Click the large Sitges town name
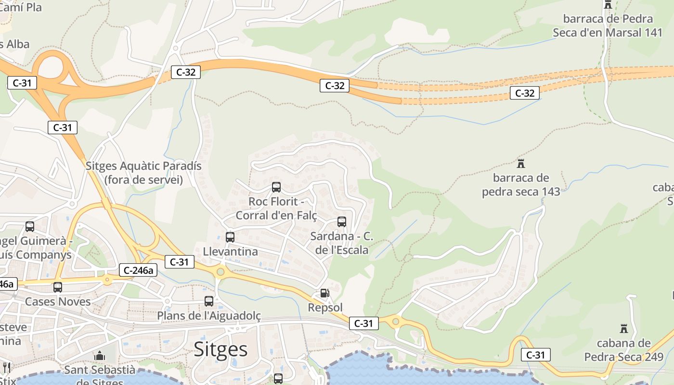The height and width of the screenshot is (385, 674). [x=220, y=349]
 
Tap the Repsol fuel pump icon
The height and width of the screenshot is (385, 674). [x=325, y=293]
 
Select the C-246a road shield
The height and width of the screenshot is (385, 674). [x=138, y=270]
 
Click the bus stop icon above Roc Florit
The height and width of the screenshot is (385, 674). [x=276, y=187]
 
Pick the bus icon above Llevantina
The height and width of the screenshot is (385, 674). [x=230, y=237]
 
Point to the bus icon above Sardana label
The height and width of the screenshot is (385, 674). [x=342, y=221]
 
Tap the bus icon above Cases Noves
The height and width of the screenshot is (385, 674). [x=58, y=287]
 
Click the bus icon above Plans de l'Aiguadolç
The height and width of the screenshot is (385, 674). [x=209, y=301]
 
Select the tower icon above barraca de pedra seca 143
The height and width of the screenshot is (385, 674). [x=520, y=164]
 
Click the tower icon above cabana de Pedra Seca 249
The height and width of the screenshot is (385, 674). [x=624, y=329]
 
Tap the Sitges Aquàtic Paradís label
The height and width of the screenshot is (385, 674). [x=143, y=173]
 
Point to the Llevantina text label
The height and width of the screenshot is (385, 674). [x=230, y=252]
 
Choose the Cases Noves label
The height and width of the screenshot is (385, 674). [x=58, y=302]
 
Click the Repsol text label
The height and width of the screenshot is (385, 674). [x=325, y=308]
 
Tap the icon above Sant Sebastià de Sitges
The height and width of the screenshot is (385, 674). [x=100, y=356]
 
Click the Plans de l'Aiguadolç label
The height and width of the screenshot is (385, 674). [x=209, y=316]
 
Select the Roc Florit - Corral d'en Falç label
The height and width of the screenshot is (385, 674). [x=276, y=208]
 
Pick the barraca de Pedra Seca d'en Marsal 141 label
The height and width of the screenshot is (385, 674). [x=608, y=26]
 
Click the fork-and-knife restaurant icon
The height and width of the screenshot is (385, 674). [x=6, y=368]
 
